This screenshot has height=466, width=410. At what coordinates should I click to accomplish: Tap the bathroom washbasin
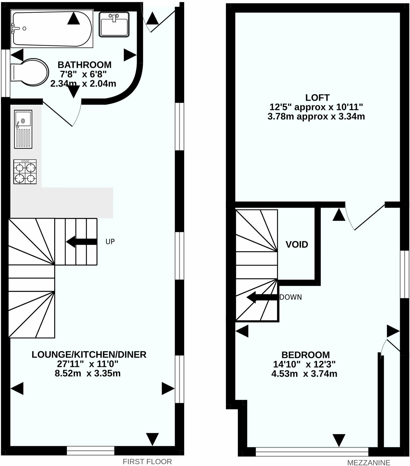click(x=114, y=24)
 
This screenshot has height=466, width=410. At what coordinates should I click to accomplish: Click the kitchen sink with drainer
click(x=23, y=129)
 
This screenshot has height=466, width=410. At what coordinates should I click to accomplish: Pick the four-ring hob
click(x=25, y=172)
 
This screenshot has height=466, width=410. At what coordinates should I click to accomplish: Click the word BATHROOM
click(x=84, y=65)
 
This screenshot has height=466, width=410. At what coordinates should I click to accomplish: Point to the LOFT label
click(x=317, y=97)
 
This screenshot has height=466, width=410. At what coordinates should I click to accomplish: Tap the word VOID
click(x=297, y=244)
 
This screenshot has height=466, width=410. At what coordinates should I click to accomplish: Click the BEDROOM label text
click(x=305, y=355)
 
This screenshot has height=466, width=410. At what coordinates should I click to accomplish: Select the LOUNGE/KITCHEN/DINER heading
click(x=89, y=354)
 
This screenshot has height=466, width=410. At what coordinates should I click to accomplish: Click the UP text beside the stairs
click(x=110, y=242)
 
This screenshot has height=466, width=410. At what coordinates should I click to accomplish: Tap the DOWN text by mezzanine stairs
click(x=290, y=297)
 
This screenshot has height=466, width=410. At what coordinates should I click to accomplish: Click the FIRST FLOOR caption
click(x=147, y=461)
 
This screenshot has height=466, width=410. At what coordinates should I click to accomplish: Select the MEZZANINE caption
click(x=368, y=462)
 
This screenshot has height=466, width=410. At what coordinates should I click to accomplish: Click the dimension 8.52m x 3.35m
click(x=87, y=373)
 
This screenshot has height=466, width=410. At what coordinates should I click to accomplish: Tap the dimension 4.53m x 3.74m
click(x=304, y=374)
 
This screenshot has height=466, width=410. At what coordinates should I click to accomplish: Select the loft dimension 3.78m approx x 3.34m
click(x=316, y=116)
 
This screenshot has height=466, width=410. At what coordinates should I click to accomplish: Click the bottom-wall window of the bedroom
click(x=312, y=452)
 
